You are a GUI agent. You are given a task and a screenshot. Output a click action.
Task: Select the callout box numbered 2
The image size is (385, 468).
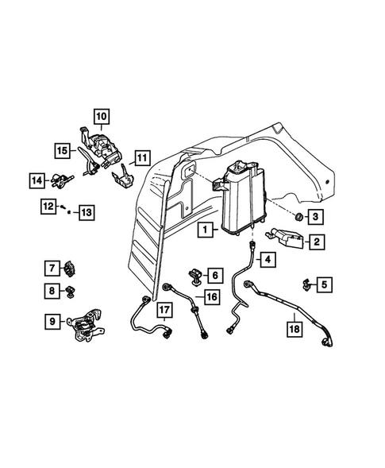[315, 242]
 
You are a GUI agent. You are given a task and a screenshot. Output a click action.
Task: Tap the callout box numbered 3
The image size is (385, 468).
[315, 216]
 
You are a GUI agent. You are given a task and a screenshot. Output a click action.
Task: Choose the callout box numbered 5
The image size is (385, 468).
[326, 282]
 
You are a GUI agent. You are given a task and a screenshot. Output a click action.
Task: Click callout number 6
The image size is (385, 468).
[214, 275]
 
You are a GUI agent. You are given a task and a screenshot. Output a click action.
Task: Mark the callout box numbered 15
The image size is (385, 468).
[60, 149]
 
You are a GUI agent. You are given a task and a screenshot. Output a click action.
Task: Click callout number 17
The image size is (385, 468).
[163, 310]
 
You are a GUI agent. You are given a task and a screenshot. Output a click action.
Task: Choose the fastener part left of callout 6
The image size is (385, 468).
[195, 275]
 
